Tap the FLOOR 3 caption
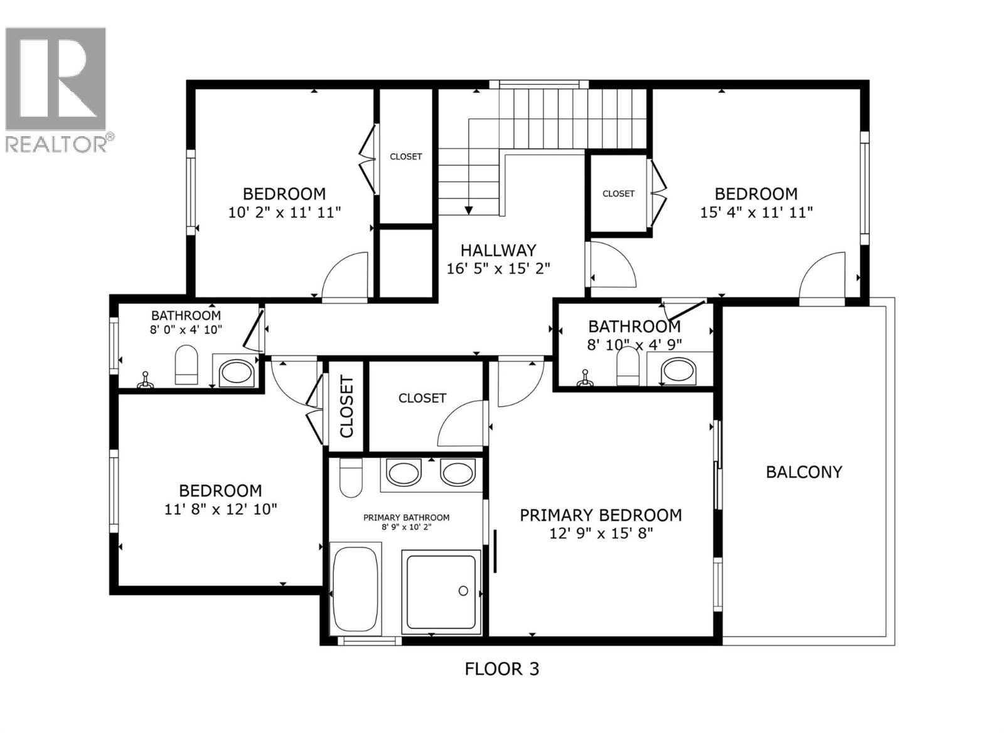(501, 669)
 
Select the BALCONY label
(804, 472)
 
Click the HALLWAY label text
(498, 250)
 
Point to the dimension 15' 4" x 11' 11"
(756, 212)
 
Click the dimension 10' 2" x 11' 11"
(284, 212)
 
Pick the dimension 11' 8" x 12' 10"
(221, 509)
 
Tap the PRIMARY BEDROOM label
(601, 515)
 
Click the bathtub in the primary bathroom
(355, 589)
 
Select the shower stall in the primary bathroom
(441, 590)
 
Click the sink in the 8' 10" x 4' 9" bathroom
(678, 370)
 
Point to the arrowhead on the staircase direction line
(469, 210)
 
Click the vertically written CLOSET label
(346, 407)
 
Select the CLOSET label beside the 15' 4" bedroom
(618, 194)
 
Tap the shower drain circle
(463, 590)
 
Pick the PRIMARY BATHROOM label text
(406, 518)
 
